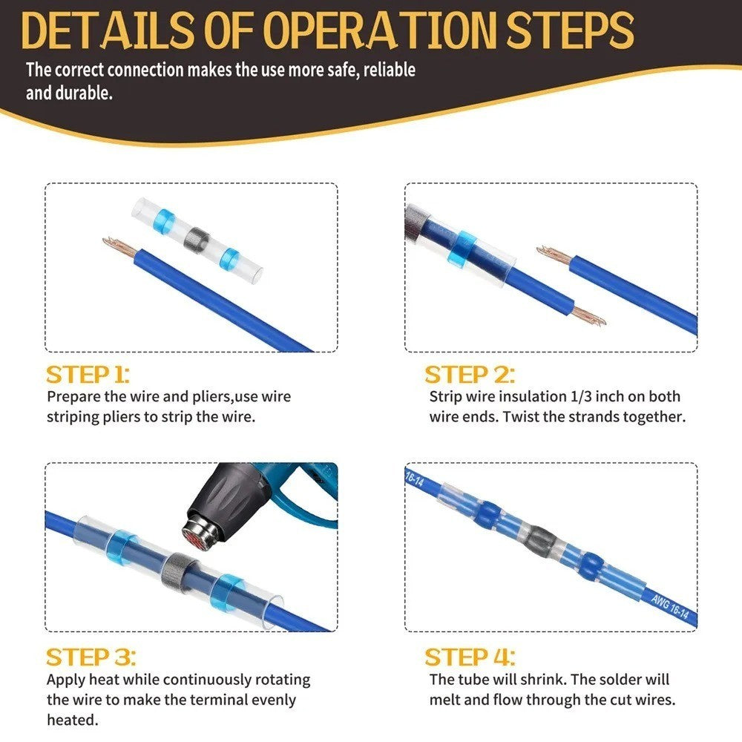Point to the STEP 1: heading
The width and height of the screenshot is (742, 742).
[x=88, y=374]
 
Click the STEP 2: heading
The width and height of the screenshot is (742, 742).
[x=469, y=374]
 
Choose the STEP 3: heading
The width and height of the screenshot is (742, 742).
[x=91, y=657]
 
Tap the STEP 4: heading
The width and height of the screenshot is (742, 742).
[x=470, y=657]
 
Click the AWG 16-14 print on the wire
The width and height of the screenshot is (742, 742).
[x=669, y=607]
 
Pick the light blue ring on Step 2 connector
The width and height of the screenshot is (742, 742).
[x=465, y=249]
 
